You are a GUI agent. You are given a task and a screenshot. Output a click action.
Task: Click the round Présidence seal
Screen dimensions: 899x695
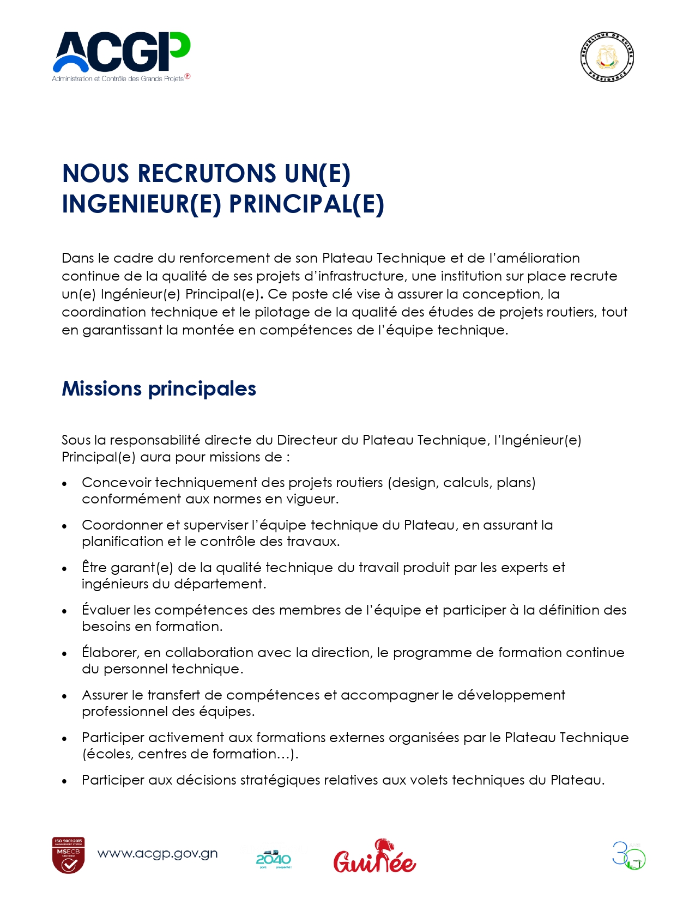607,57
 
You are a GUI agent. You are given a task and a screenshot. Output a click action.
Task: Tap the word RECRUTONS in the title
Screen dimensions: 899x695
207,174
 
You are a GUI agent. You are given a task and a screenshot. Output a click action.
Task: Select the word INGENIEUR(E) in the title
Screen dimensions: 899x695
142,204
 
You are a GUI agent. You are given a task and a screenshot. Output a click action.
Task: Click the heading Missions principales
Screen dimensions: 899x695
159,389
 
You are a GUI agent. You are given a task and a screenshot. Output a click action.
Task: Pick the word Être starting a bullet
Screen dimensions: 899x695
94,568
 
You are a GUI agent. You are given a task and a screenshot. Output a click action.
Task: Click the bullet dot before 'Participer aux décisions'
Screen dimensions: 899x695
65,781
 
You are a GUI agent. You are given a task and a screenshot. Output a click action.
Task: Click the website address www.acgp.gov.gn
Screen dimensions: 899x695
158,854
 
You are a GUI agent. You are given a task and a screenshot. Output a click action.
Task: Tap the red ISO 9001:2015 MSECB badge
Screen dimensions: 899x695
68,855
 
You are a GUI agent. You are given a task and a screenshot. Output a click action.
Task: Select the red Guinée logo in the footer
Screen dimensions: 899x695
374,857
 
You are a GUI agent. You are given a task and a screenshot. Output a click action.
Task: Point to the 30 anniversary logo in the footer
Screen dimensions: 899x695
628,856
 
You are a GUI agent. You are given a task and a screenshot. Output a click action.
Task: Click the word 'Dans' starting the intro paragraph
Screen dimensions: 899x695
78,258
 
